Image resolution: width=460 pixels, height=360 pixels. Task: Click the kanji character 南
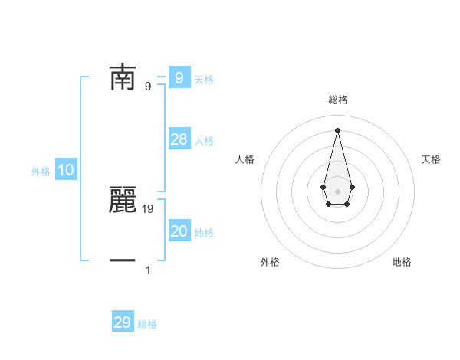[123, 77]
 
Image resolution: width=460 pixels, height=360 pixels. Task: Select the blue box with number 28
[179, 139]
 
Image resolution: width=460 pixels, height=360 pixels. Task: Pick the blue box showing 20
[179, 231]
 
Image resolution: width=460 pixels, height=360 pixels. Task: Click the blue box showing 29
[123, 322]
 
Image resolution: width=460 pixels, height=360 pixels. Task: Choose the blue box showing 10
[66, 171]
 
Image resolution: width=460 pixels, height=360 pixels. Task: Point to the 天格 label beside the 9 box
[204, 80]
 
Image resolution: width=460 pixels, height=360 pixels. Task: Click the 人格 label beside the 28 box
[204, 141]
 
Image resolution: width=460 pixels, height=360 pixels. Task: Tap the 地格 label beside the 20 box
[204, 233]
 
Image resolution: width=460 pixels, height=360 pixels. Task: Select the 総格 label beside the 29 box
[147, 324]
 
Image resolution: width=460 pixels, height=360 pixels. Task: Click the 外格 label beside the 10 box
[41, 172]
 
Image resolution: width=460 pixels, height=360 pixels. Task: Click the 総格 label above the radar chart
[337, 100]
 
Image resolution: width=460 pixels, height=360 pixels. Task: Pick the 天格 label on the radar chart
[432, 159]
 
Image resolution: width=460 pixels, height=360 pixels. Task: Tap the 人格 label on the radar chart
[245, 159]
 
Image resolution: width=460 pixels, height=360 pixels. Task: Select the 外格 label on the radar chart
[270, 262]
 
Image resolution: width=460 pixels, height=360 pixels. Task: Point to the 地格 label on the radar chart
[402, 262]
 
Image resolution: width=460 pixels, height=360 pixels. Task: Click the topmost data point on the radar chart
[337, 129]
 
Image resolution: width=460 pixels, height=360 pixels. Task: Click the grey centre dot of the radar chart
[337, 191]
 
